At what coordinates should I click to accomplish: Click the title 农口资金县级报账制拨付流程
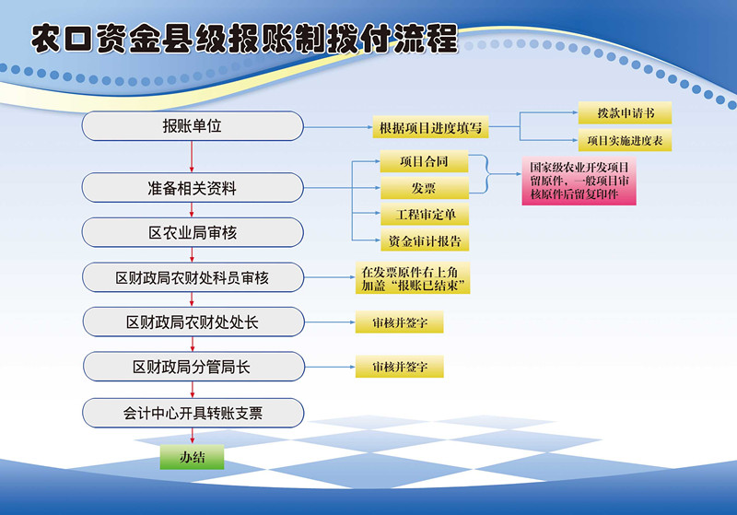coord(244,39)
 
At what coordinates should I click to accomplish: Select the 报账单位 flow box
coord(193,126)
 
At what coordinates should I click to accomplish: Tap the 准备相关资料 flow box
coord(193,188)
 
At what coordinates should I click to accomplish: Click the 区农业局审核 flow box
coord(193,232)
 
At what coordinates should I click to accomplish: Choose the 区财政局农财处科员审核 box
coord(193,277)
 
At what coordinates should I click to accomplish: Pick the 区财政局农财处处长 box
coord(193,322)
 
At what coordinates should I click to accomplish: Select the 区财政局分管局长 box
coord(193,367)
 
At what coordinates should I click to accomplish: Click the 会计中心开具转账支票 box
coord(193,413)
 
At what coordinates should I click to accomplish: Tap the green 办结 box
coord(192,457)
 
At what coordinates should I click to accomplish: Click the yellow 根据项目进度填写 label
coord(430,127)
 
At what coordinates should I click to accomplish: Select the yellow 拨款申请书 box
coord(625,112)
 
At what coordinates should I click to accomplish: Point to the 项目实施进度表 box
coord(625,141)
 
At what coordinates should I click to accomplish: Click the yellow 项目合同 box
coord(424,161)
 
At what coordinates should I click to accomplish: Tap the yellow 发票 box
coord(424,188)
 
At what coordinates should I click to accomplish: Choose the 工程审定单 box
coord(424,215)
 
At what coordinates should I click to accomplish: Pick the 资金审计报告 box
coord(424,240)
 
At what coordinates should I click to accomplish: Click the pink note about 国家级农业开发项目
coord(579,181)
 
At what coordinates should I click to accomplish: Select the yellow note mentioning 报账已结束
coord(413,278)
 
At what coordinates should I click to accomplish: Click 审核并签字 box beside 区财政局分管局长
coord(399,367)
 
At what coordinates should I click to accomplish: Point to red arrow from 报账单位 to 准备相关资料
coord(192,157)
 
